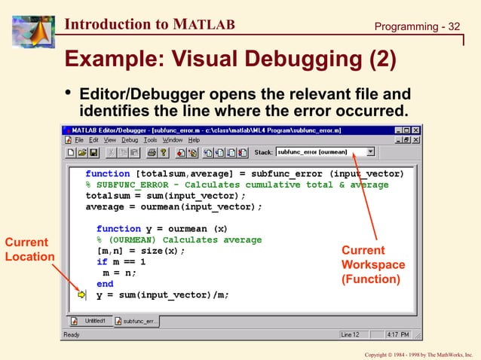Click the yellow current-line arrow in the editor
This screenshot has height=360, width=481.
point(81,295)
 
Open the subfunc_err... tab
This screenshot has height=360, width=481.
point(136,321)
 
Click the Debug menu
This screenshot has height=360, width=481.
point(130,140)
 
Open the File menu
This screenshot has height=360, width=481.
point(78,140)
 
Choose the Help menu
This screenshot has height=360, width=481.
point(194,140)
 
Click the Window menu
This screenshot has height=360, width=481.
point(173,140)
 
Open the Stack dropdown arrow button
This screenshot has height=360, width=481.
point(370,151)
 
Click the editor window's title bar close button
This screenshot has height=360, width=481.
point(415,130)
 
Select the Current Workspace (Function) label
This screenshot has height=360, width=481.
point(372,264)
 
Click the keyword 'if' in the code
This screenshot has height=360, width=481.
point(102,262)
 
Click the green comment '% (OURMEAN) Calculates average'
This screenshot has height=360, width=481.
point(179,239)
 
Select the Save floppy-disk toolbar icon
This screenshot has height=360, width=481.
point(93,152)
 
